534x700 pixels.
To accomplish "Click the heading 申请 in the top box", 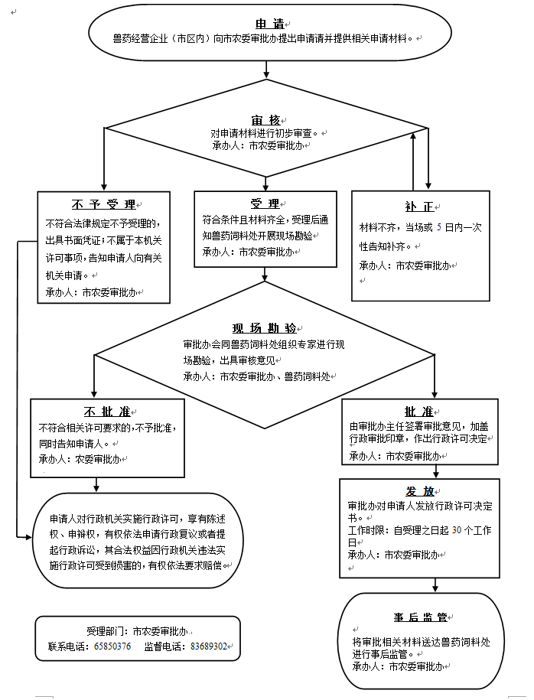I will click(x=266, y=24).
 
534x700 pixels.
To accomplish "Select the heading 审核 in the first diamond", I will click(x=265, y=121).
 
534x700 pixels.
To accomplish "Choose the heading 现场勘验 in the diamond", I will click(x=264, y=328).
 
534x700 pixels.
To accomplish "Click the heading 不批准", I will click(x=106, y=411).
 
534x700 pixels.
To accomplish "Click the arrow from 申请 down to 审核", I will click(x=266, y=67).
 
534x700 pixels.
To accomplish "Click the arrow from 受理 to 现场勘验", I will click(x=265, y=275).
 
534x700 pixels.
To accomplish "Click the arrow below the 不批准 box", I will click(x=96, y=484).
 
